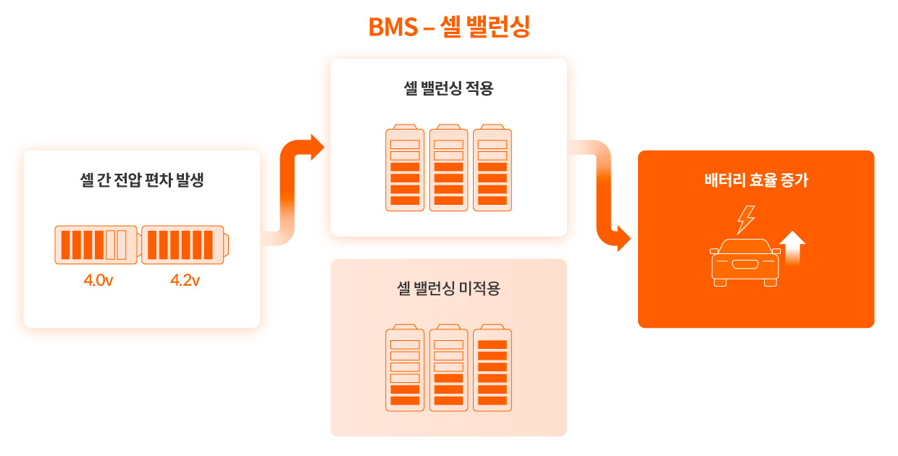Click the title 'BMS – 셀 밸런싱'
[x=449, y=27]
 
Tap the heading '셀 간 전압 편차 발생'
[x=142, y=180]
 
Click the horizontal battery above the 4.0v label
[x=96, y=244]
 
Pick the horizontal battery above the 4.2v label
[x=184, y=244]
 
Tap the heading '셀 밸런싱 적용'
[x=448, y=88]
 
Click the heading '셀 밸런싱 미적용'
[x=448, y=289]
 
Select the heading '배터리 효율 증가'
[x=756, y=180]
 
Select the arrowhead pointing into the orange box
[x=623, y=238]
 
